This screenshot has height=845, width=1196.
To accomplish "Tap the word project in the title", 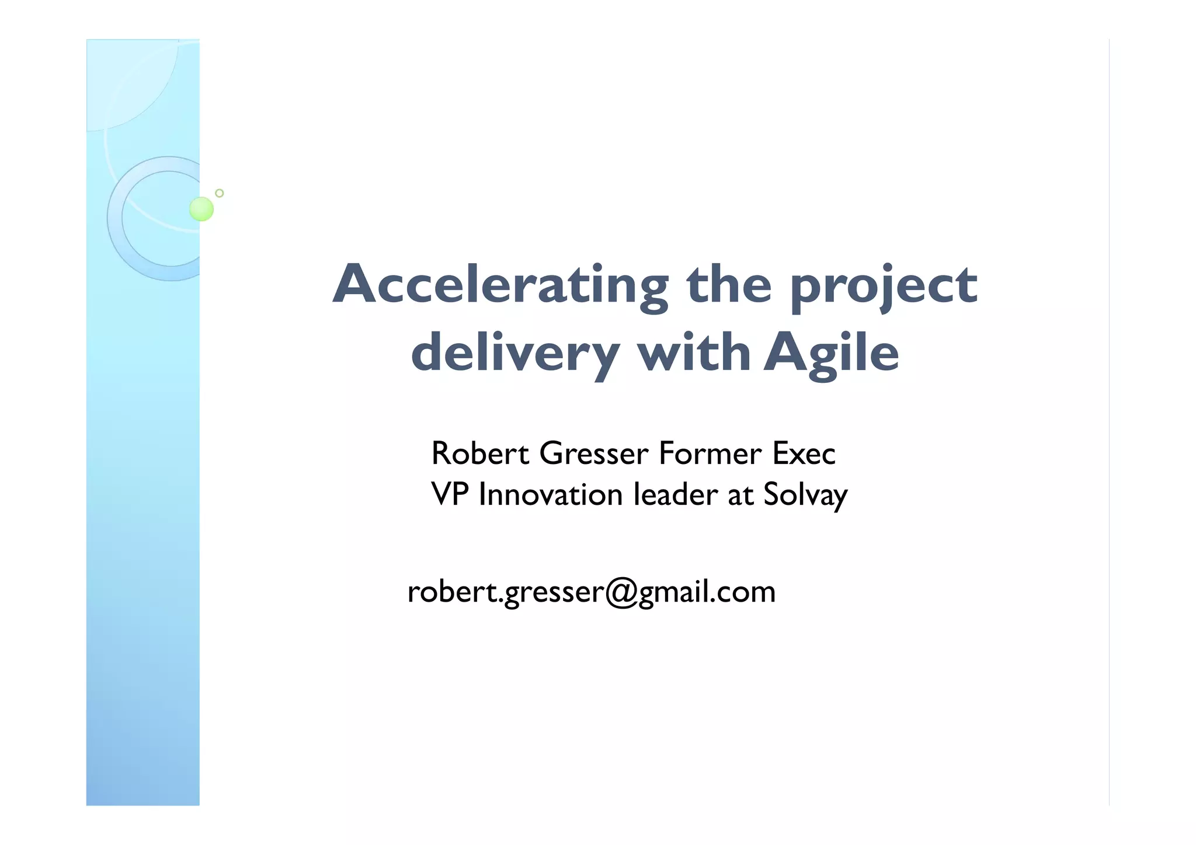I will point(884,286).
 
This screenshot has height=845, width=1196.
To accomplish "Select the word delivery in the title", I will point(514,354).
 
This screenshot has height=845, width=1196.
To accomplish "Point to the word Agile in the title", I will point(831,354).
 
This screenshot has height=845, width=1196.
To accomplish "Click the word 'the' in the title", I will point(729,285).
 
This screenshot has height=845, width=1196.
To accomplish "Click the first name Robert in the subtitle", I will point(480,453).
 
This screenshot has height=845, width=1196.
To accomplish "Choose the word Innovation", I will point(551,494).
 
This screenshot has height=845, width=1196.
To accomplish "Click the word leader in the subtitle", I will point(676,494).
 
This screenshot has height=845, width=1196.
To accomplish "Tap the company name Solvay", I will point(805,495).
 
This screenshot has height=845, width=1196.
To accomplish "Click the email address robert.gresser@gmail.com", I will point(591,592).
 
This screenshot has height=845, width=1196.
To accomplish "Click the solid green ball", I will point(201,209).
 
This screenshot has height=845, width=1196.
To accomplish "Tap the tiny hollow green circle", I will point(220,193).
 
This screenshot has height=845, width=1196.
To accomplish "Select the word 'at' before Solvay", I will point(740,495).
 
